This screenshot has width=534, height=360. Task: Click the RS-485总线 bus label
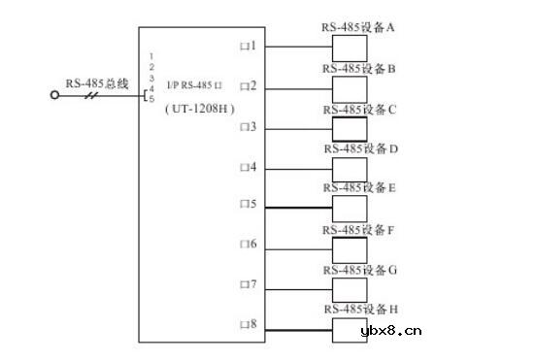coord(90,81)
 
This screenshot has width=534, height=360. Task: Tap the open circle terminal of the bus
coord(54,95)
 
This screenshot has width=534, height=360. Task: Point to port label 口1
coord(248,46)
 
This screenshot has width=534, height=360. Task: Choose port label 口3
coord(248,127)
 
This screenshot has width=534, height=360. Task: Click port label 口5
coord(248,205)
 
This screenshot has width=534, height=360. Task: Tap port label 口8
coord(248,323)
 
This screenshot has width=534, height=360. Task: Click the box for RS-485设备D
coord(350,169)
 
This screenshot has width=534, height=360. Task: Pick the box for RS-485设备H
coord(350,329)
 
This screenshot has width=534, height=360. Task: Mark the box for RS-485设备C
coord(350,129)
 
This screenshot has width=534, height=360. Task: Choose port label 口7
coord(248,285)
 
